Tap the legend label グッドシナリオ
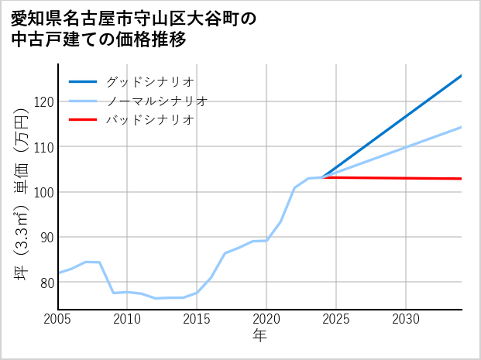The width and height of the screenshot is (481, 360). pos(149,81)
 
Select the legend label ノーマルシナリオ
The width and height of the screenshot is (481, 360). pos(156,101)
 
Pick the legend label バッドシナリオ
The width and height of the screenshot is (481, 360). pos(149,120)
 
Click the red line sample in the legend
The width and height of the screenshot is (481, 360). pos(83,120)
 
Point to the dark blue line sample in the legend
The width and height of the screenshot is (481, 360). pos(83,81)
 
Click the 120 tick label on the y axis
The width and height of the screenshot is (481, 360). pos(43,101)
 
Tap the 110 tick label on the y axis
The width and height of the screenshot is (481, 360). pos(43,146)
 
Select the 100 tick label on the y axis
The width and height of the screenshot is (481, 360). pos(43,192)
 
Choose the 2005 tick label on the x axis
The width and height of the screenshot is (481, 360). pos(58,319)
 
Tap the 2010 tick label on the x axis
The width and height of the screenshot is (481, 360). pos(128,319)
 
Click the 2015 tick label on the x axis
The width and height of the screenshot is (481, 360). pos(197,319)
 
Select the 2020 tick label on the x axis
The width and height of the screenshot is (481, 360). pos(266,319)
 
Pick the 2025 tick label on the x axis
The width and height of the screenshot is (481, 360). pos(336,319)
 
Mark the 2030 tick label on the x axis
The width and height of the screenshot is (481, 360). pos(406,319)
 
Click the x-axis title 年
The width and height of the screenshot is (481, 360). pos(260,336)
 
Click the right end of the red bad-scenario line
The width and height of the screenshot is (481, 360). pos(461,179)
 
